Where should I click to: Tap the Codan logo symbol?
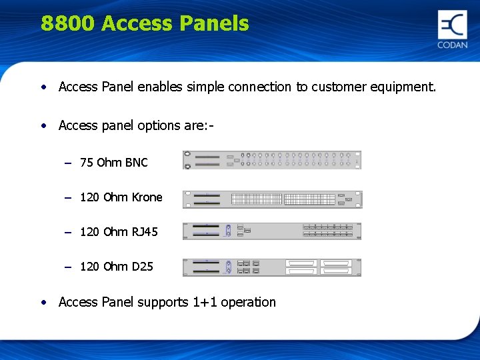tap(452, 25)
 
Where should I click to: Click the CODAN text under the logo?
tap(453, 45)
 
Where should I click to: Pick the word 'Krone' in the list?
tap(147, 197)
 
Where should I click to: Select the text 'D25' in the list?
tap(142, 267)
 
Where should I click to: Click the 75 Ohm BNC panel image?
tap(272, 160)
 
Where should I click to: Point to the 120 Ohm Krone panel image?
tap(272, 199)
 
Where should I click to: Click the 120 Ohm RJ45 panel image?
tap(272, 231)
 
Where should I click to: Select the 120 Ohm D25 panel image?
tap(272, 267)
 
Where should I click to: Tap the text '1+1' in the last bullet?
tap(205, 302)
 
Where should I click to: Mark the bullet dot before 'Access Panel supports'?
tap(43, 302)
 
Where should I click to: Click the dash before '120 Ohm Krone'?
tap(68, 198)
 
